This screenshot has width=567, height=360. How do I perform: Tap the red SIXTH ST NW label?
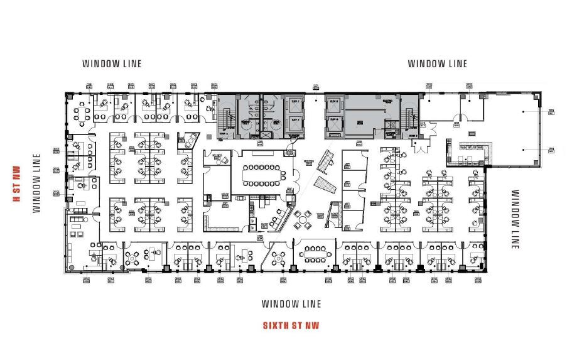point(291,325)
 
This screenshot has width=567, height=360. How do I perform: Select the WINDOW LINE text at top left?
point(112,63)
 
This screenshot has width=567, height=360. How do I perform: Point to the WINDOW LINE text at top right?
point(438,63)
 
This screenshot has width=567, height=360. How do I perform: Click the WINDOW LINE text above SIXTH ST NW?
point(291,304)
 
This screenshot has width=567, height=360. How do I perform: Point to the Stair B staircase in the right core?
point(410,119)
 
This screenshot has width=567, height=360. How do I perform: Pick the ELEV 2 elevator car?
point(294,124)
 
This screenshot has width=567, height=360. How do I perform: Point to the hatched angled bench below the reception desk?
point(324,185)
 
